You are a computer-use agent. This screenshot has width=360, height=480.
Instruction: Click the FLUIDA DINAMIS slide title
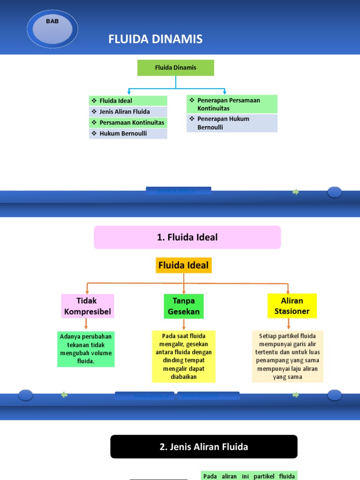click(156, 39)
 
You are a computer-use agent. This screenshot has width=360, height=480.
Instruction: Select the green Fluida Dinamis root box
click(175, 67)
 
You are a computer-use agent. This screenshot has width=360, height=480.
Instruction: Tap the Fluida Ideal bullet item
click(128, 101)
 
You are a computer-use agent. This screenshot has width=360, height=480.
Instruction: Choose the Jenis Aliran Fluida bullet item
click(128, 112)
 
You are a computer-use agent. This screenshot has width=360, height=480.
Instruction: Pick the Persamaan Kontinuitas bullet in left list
click(128, 123)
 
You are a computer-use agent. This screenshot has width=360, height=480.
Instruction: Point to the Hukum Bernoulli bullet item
click(128, 134)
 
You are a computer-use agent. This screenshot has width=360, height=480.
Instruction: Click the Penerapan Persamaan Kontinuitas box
click(232, 104)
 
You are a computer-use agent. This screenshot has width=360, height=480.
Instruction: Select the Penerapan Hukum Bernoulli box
click(232, 123)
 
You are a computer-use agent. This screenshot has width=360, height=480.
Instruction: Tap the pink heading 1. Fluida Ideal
click(187, 237)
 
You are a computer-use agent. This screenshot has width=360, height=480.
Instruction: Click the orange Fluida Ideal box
click(184, 265)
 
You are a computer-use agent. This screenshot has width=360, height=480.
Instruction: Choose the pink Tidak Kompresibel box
click(88, 306)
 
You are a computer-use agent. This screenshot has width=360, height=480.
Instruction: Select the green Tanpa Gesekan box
click(184, 306)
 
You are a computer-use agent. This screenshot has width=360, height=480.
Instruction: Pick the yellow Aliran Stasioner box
click(292, 306)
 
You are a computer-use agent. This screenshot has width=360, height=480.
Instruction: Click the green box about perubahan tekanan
click(86, 349)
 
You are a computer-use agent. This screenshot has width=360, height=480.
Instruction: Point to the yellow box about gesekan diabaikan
click(184, 356)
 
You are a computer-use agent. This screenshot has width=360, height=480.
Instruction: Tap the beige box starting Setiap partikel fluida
click(287, 356)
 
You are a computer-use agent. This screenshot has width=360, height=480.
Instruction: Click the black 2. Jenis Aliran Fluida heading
click(204, 447)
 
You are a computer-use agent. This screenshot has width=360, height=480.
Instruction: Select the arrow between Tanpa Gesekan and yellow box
click(184, 324)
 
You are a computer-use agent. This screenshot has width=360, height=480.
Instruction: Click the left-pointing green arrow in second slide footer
click(64, 395)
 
